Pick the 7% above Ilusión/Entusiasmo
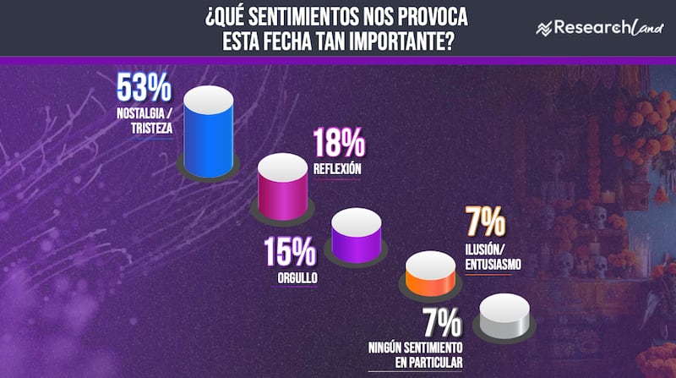coord(485,224)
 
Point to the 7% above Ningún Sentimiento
coord(439,324)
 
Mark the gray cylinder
coord(504,321)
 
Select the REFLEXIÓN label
coord(337,168)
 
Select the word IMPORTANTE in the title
coord(403,40)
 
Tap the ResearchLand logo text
coord(597,28)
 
